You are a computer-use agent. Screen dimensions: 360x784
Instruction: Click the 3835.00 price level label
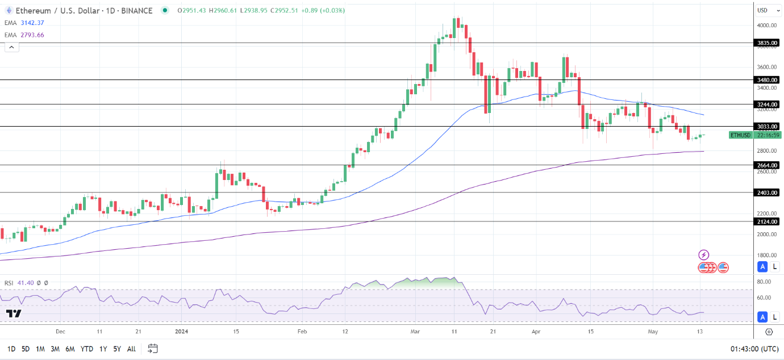[767, 43]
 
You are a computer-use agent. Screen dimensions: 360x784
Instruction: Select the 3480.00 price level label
[767, 80]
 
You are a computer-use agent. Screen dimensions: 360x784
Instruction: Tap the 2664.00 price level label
[767, 165]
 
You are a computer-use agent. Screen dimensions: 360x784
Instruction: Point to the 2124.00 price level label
[767, 221]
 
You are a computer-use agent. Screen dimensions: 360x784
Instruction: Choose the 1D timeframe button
[11, 349]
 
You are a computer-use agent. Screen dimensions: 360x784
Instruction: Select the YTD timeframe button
[87, 349]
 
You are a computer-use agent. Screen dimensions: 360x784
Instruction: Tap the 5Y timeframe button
[116, 349]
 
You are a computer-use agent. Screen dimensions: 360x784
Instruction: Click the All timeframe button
[131, 349]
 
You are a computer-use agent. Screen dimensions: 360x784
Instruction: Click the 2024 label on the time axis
[181, 331]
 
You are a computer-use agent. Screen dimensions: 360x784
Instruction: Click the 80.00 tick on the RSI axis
[764, 282]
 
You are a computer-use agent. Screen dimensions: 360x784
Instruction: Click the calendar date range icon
[152, 348]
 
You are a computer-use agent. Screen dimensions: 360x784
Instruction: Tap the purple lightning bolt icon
[704, 255]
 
